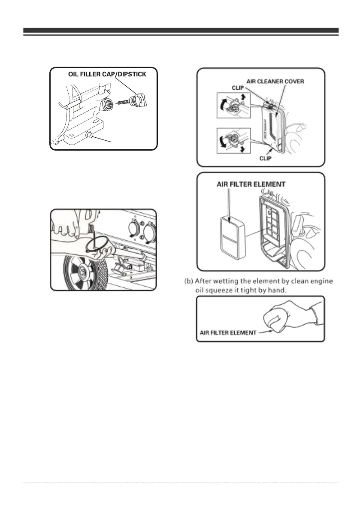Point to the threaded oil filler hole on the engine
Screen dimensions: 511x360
(109, 104)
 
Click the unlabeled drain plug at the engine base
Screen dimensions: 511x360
(91, 136)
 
